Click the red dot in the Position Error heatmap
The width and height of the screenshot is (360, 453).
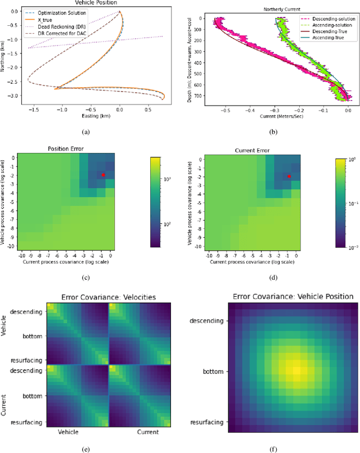(103, 175)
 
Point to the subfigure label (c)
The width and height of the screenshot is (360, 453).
(85, 276)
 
